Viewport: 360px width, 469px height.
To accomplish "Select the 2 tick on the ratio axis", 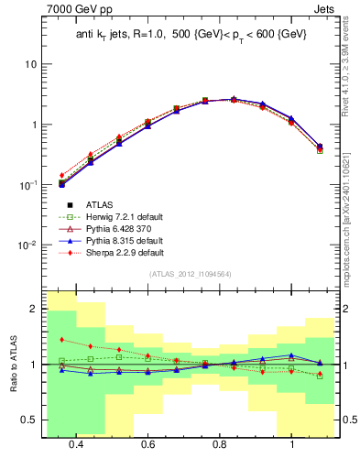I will tap(33, 310).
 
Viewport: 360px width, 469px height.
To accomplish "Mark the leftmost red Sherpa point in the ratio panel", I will tap(61, 340).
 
